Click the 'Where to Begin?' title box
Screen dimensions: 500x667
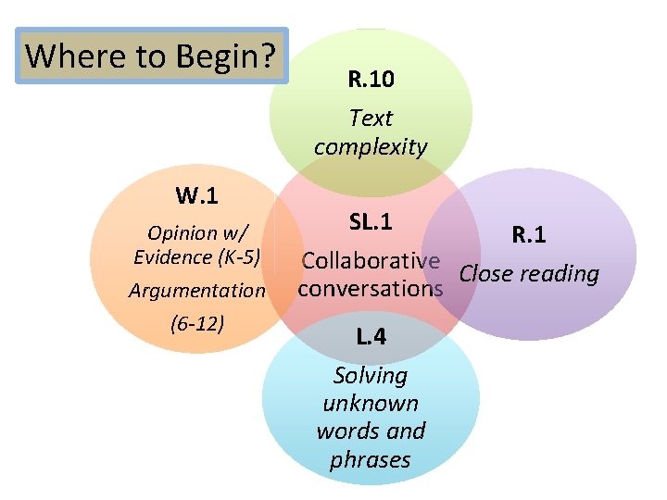pos(153,56)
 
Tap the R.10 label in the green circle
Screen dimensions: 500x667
pos(371,80)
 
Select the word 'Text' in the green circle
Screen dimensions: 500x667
pos(371,118)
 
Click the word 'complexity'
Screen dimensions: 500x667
pos(371,146)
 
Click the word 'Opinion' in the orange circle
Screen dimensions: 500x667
pos(182,231)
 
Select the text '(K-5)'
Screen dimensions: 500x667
pos(237,256)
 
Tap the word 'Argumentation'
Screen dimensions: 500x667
pos(197,291)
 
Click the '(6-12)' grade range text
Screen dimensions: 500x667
pos(197,324)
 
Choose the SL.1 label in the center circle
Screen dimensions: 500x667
pos(371,222)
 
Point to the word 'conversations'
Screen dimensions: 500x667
pos(371,288)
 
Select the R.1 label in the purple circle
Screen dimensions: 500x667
pos(529,235)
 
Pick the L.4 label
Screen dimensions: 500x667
pos(371,337)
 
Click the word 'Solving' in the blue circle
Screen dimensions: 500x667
pos(371,375)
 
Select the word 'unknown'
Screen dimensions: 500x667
pos(371,403)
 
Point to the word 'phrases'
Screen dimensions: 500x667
pos(371,459)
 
